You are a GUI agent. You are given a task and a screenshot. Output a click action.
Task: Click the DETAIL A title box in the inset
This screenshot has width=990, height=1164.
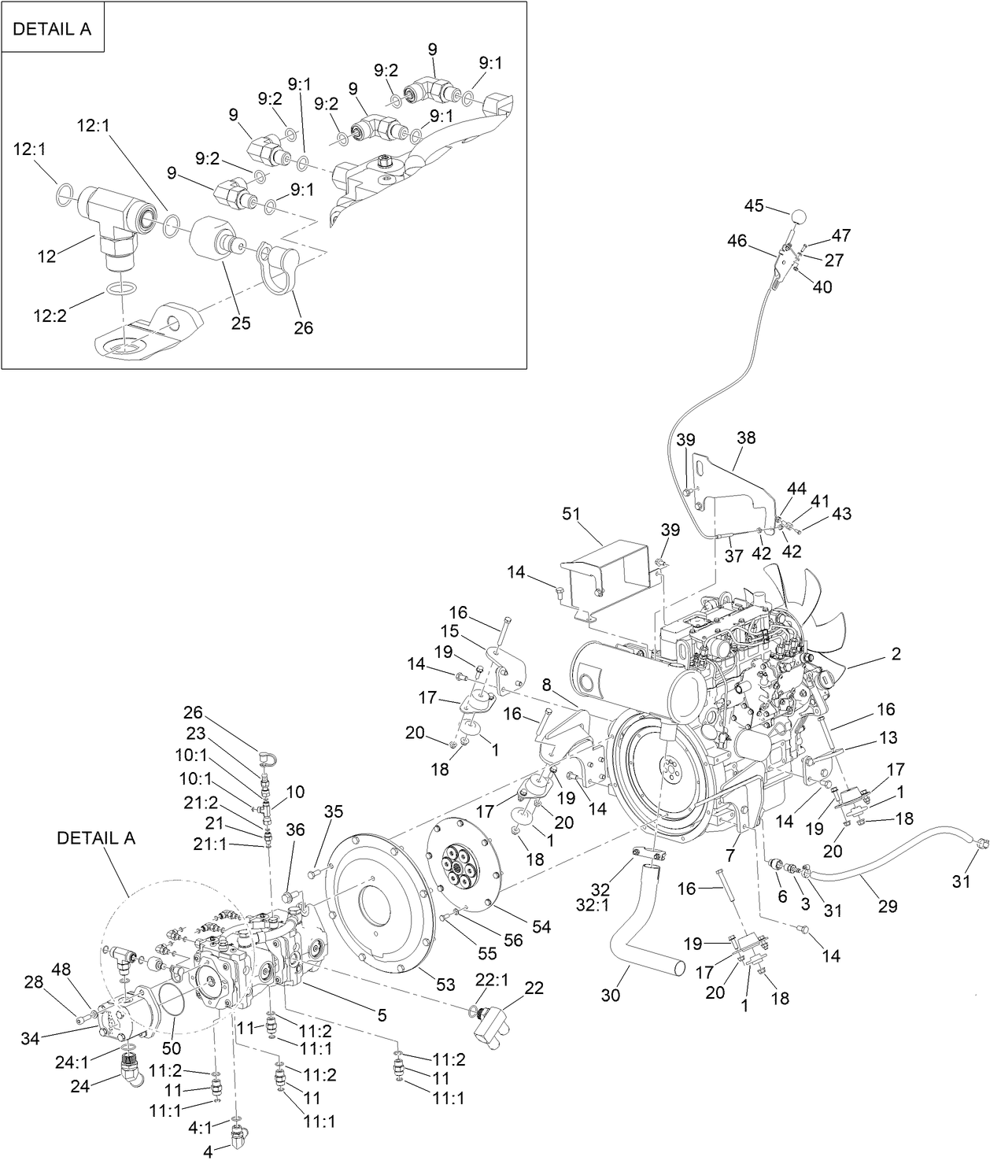point(53,29)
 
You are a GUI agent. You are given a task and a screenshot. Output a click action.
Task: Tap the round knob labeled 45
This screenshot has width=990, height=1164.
point(799,216)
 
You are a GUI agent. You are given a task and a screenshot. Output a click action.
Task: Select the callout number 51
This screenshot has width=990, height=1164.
point(571,515)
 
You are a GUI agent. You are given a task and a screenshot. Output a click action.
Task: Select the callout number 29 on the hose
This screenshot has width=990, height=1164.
point(888,907)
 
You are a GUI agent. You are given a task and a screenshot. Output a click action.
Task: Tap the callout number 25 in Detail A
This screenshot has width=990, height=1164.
point(241,323)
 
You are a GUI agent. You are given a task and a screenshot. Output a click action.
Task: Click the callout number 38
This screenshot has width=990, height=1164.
point(745,437)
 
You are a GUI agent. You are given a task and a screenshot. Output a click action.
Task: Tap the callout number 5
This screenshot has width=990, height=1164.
point(382,1015)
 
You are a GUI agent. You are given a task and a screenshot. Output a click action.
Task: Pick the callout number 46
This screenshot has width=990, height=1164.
point(737,241)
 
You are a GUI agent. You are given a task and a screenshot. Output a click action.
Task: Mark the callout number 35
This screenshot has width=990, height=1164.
point(334,812)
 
